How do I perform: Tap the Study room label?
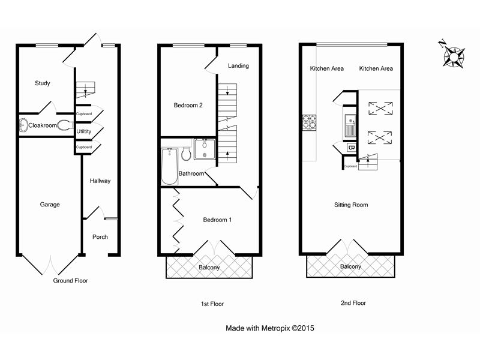42,83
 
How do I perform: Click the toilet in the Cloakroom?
64,125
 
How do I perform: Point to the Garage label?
50,205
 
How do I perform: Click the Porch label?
100,237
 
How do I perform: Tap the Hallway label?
100,181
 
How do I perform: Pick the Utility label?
84,130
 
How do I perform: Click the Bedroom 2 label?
188,105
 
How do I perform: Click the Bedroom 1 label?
217,220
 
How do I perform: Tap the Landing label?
238,66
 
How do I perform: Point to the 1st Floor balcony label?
209,268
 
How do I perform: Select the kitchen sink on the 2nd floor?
350,126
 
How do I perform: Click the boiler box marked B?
351,147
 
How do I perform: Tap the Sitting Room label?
351,205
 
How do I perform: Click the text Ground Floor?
70,281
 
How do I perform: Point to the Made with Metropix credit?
270,329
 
